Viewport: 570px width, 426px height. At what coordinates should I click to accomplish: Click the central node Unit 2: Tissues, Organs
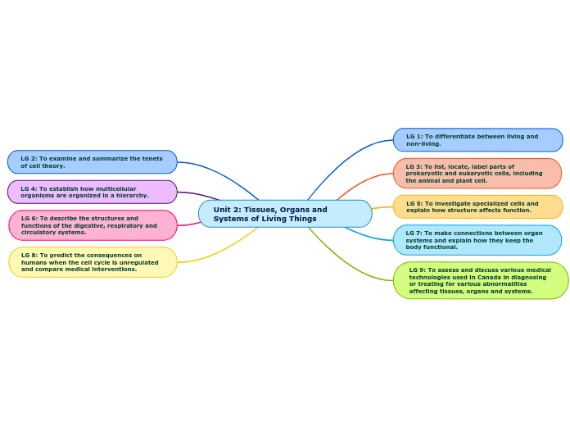tap(284, 214)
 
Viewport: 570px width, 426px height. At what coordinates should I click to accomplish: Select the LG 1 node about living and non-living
tap(477, 140)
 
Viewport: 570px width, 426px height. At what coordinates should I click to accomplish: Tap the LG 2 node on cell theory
tap(92, 162)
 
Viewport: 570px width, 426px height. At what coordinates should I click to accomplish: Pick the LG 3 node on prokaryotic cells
tap(477, 174)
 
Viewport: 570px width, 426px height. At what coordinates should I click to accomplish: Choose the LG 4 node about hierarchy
tap(92, 192)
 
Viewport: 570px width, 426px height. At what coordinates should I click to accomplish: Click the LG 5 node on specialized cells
tap(477, 207)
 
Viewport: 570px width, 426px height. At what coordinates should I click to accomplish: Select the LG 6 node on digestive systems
tap(93, 225)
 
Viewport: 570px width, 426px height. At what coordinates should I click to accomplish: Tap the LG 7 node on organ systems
tap(477, 240)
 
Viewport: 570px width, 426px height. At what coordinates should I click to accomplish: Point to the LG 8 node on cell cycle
tap(93, 262)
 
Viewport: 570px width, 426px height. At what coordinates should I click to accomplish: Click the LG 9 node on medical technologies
tap(480, 280)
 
